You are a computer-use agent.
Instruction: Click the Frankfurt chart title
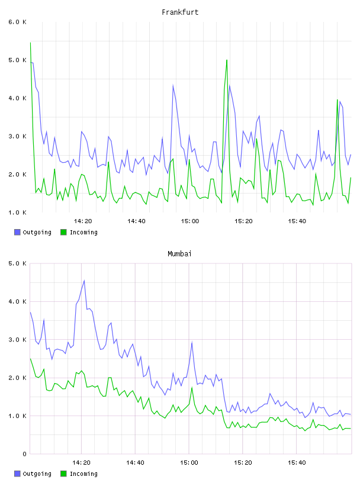(180, 12)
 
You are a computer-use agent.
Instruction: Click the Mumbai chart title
(179, 254)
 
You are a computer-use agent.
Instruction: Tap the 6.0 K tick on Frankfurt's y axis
(17, 22)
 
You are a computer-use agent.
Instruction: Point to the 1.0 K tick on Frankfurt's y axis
(17, 212)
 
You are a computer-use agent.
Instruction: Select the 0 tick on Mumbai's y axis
(24, 454)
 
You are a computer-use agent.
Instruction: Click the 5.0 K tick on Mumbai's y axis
(17, 263)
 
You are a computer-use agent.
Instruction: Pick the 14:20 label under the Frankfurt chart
(83, 221)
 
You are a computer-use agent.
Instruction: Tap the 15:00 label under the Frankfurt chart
(190, 221)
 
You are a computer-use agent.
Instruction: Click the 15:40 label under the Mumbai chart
(297, 463)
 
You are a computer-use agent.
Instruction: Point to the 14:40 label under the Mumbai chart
(136, 463)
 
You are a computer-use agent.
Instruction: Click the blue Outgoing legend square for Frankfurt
(17, 232)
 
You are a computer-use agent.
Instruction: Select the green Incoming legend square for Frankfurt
(63, 232)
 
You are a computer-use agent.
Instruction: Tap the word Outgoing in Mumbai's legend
(37, 474)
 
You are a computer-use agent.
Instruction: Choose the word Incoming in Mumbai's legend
(83, 474)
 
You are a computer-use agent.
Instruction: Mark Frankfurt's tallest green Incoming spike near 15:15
(227, 60)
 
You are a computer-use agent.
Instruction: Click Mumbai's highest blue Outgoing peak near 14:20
(84, 281)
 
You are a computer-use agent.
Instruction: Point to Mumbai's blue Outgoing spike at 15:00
(192, 342)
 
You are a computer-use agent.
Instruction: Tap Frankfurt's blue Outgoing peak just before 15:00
(173, 85)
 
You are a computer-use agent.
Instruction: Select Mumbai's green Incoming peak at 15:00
(192, 388)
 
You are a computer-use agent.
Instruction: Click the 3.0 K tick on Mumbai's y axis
(17, 340)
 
